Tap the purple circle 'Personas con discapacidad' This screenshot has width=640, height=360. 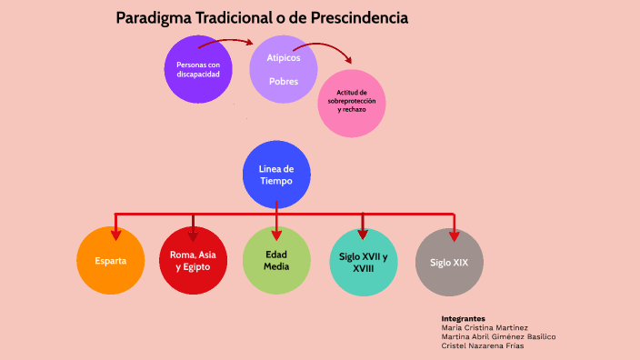198,69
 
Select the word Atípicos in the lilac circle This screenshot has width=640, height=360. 283,58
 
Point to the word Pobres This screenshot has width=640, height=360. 283,82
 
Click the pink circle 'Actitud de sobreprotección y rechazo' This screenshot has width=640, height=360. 352,103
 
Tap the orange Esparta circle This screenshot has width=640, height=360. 111,261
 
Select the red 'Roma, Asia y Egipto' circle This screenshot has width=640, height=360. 193,261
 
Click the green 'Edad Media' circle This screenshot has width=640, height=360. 276,261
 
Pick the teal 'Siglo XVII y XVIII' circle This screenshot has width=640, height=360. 364,262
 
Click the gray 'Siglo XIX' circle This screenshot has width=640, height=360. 449,262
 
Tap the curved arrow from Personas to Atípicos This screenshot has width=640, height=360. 229,41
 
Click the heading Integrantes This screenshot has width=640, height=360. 464,319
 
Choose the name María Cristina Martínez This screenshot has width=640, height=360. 485,328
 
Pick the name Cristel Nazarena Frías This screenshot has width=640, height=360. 483,345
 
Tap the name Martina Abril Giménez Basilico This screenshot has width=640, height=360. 498,336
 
